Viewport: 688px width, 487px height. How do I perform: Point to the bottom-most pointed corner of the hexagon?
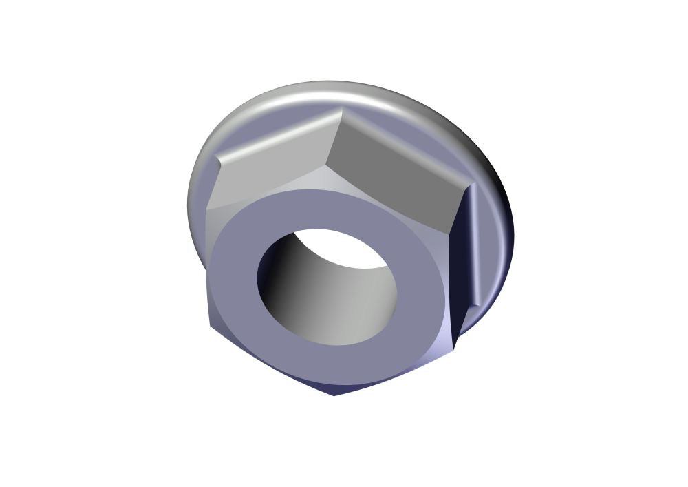pyautogui.click(x=334, y=395)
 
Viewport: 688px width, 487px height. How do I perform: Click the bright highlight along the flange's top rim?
pyautogui.click(x=330, y=93)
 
